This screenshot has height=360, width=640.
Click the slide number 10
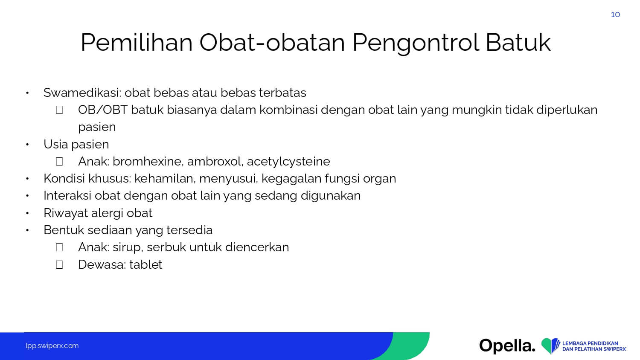click(x=615, y=15)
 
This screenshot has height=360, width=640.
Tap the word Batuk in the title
click(x=518, y=43)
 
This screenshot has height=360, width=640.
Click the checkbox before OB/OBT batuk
click(x=59, y=110)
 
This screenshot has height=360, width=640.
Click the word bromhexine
click(x=148, y=161)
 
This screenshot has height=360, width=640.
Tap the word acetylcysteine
click(x=288, y=162)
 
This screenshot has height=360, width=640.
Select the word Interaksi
click(x=67, y=196)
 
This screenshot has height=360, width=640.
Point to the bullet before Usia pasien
click(x=27, y=145)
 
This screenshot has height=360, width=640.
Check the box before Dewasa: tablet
click(x=59, y=264)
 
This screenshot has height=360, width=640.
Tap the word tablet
click(x=146, y=264)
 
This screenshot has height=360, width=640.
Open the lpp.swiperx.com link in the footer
click(x=52, y=346)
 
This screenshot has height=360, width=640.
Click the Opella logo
click(x=507, y=346)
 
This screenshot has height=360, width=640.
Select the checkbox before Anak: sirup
click(x=59, y=247)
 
